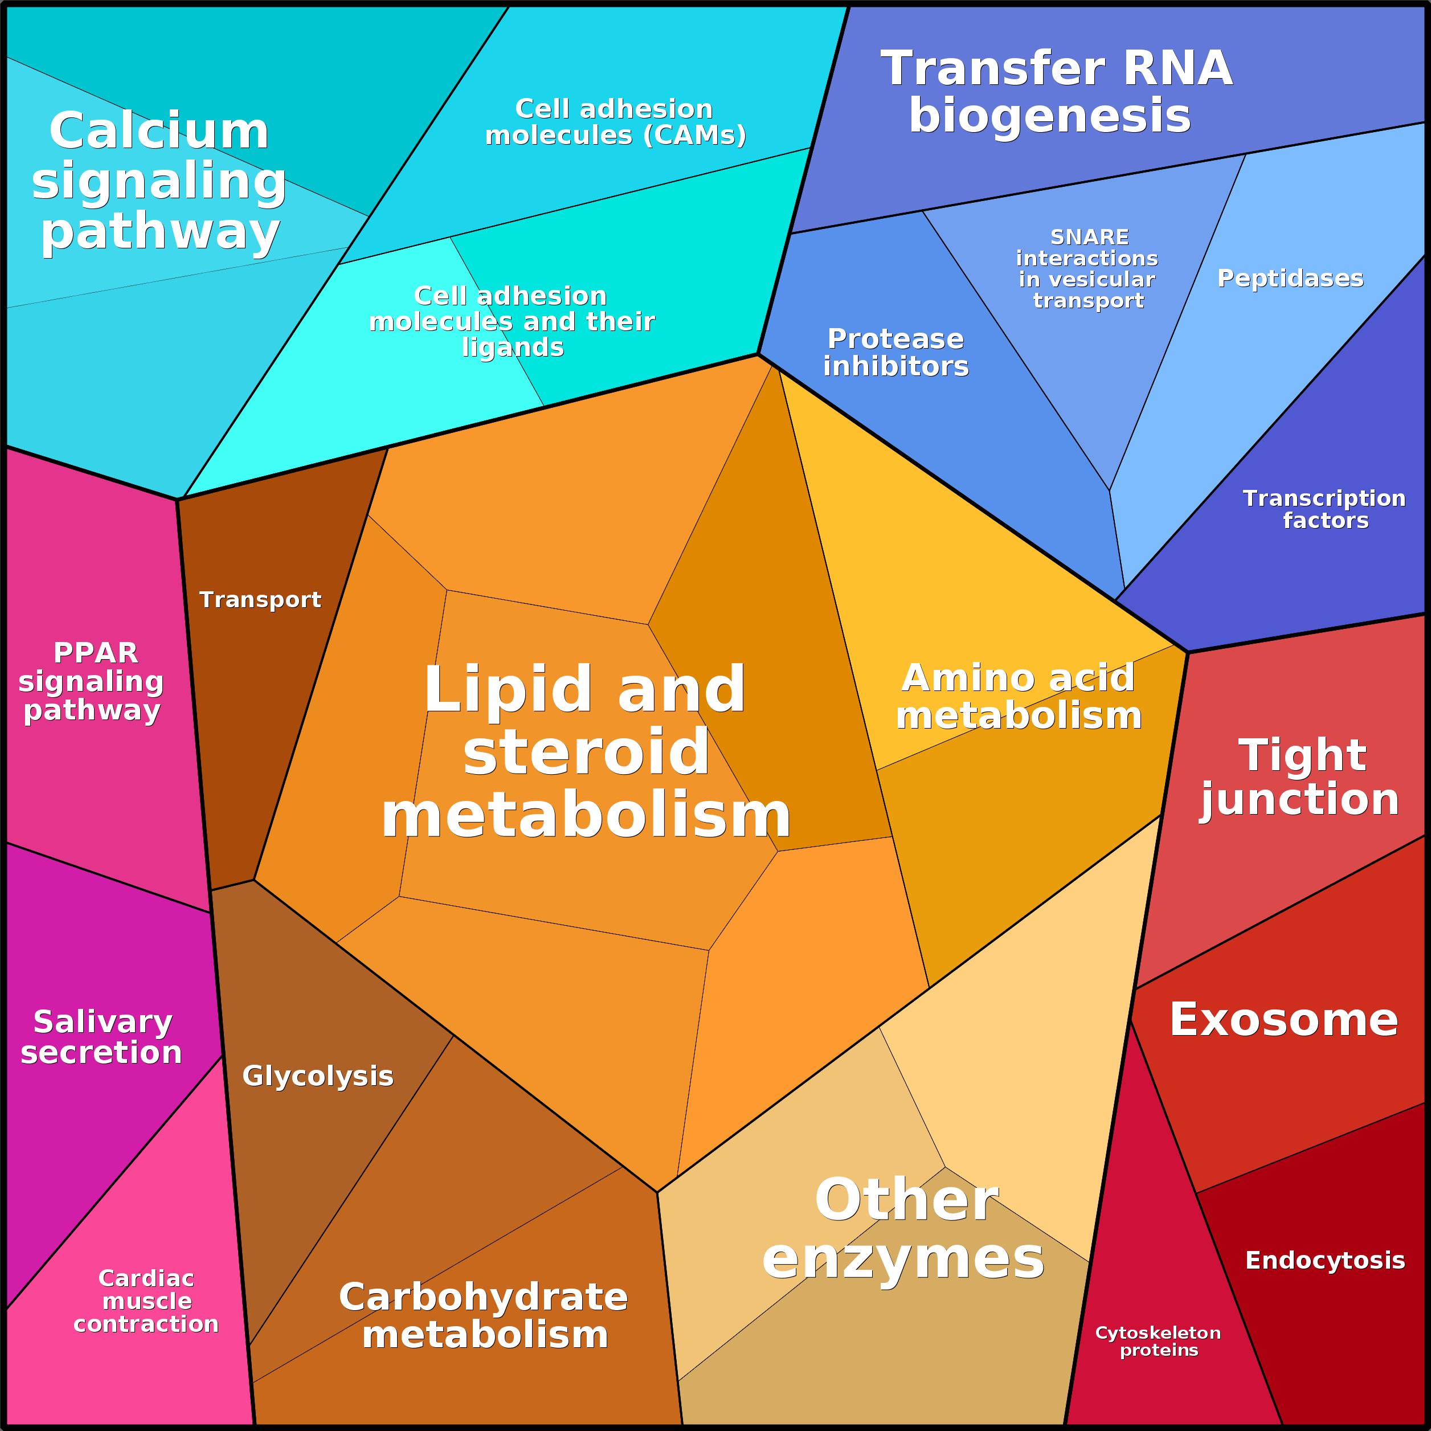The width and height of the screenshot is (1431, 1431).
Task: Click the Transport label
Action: tap(260, 599)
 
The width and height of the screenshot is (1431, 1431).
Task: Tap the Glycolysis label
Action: tap(318, 1076)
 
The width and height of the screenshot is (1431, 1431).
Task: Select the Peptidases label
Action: tap(1290, 278)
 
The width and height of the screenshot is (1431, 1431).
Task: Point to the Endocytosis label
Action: tap(1325, 1260)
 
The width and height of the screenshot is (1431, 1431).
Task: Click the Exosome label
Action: tap(1283, 1020)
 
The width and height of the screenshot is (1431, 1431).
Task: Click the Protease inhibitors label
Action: tap(896, 352)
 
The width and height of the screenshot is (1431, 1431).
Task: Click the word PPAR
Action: tap(96, 652)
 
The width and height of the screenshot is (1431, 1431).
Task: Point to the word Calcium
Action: tap(160, 131)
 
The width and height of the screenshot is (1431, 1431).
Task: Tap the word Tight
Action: tap(1302, 755)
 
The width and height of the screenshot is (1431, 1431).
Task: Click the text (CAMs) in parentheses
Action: tap(695, 136)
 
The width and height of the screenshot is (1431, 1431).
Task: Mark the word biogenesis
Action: tap(1049, 116)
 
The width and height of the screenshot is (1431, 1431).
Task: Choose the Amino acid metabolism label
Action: tap(1019, 696)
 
